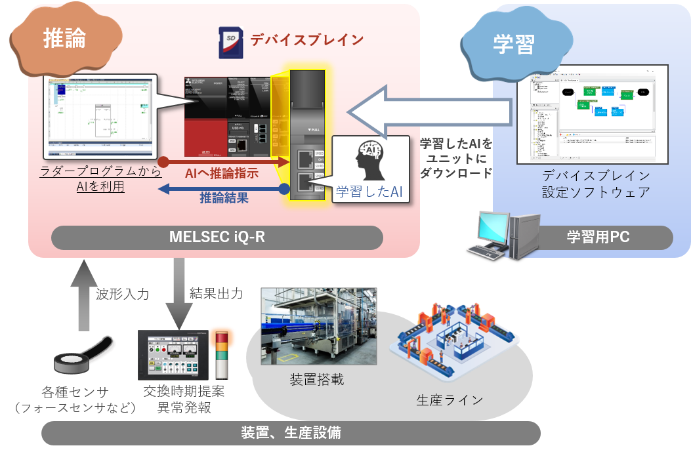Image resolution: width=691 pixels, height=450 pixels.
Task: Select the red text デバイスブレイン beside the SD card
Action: pos(306,40)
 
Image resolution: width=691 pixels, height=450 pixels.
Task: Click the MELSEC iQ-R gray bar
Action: pos(217,237)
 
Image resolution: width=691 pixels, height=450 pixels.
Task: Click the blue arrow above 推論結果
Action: pos(223,189)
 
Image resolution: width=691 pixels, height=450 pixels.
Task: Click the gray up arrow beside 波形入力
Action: pos(83,295)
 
